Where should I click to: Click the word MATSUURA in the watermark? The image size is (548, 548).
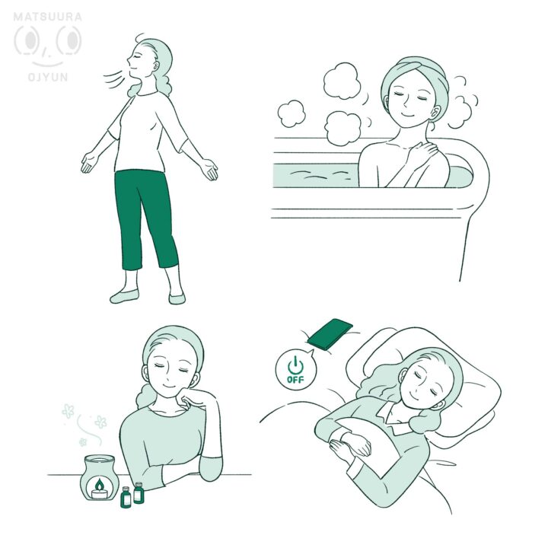[47, 17]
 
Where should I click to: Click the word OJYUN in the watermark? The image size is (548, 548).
[47, 77]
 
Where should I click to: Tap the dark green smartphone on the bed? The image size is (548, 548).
[330, 333]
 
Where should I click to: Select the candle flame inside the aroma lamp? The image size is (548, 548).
[100, 484]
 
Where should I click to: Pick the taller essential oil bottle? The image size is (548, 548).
[139, 492]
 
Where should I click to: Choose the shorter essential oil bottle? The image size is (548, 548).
[126, 497]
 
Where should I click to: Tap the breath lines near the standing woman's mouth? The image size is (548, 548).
[114, 81]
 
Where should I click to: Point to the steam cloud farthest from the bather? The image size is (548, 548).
[291, 113]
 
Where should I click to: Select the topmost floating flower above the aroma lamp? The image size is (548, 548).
[68, 411]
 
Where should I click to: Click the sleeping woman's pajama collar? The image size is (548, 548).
[394, 416]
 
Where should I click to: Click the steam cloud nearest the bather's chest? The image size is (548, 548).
[342, 129]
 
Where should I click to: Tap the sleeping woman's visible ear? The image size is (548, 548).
[438, 405]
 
